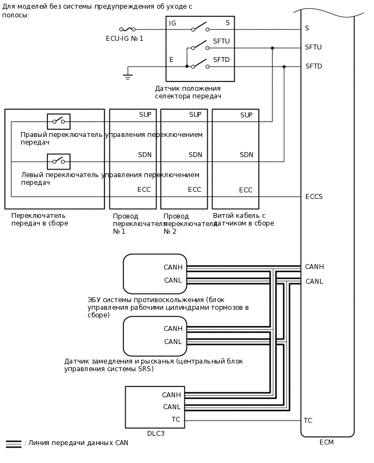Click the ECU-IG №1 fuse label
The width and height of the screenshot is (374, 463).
124,39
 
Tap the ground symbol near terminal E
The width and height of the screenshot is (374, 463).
128,77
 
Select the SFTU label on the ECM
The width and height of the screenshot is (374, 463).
313,47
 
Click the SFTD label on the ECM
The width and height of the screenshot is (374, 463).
314,66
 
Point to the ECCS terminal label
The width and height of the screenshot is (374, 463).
314,197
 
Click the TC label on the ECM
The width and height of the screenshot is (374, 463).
308,421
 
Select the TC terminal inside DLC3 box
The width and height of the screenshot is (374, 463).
176,420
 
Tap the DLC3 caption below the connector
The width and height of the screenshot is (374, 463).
155,434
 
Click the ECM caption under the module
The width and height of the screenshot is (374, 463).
327,442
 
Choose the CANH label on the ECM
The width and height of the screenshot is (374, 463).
314,267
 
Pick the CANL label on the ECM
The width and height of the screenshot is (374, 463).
314,281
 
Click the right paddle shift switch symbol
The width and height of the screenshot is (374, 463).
59,121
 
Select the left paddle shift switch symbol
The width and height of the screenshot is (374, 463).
59,161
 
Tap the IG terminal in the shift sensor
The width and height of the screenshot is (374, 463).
172,23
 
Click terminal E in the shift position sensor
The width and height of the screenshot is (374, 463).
171,60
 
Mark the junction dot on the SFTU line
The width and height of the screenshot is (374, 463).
272,48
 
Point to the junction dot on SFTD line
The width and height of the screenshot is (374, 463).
284,67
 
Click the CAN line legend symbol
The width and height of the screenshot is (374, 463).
14,443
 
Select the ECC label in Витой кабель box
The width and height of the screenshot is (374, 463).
246,190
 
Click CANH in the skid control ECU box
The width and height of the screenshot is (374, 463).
173,267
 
